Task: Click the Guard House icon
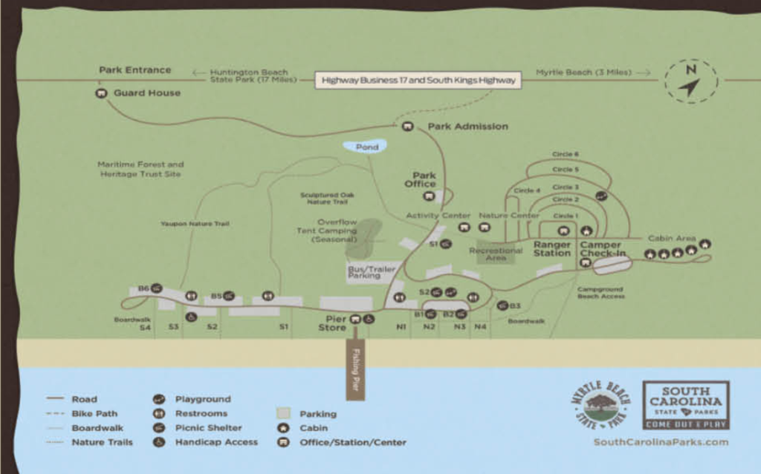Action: pyautogui.click(x=102, y=94)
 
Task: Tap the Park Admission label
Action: pyautogui.click(x=467, y=126)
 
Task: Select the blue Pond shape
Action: pyautogui.click(x=366, y=147)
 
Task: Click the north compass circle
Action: pyautogui.click(x=690, y=82)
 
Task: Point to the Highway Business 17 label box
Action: pyautogui.click(x=418, y=79)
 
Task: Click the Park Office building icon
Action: pyautogui.click(x=429, y=196)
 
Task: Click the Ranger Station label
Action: pyautogui.click(x=552, y=249)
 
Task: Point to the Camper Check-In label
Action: pyautogui.click(x=603, y=249)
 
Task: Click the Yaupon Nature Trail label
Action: pyautogui.click(x=195, y=223)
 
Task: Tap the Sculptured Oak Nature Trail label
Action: pyautogui.click(x=327, y=198)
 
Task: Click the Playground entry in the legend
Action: pyautogui.click(x=202, y=399)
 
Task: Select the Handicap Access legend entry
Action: pyautogui.click(x=216, y=442)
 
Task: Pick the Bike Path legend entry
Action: pyautogui.click(x=94, y=413)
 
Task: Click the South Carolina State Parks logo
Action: pyautogui.click(x=685, y=405)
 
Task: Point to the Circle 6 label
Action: pyautogui.click(x=566, y=155)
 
